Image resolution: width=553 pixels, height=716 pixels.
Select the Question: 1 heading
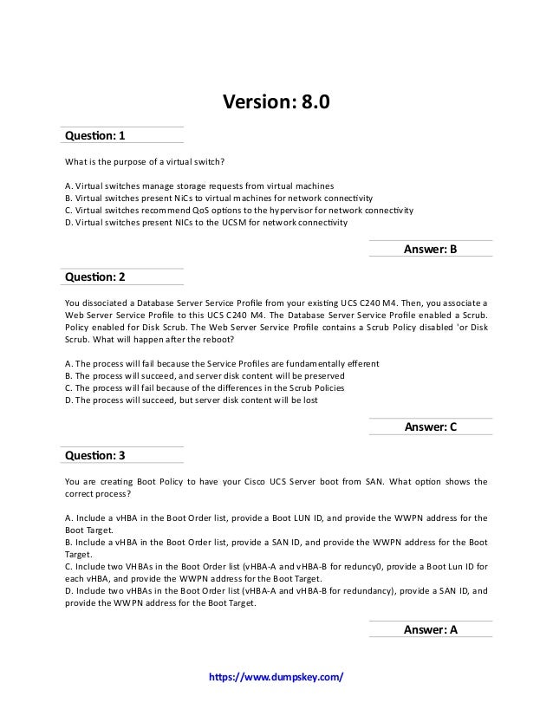(x=95, y=135)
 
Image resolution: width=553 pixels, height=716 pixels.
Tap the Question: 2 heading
(x=95, y=277)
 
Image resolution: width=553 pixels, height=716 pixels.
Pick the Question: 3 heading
(x=95, y=455)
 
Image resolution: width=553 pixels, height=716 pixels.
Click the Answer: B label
(x=430, y=250)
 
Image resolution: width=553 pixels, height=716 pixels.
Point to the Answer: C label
(x=430, y=427)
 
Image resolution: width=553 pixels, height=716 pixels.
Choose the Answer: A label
(x=430, y=630)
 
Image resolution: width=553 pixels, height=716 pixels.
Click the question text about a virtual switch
(x=145, y=161)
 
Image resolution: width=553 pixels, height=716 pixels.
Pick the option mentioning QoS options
(x=239, y=210)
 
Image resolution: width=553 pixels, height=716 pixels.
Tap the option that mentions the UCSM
(x=206, y=222)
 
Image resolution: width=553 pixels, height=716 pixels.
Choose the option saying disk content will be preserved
(x=205, y=376)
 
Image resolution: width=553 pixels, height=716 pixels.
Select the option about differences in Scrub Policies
(x=205, y=388)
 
